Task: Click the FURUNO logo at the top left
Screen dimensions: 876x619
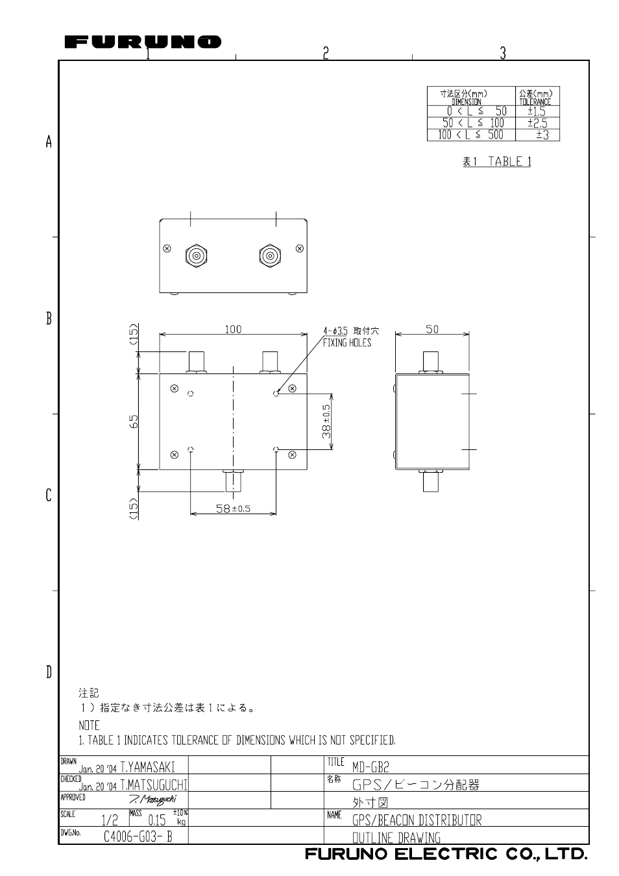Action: [x=143, y=43]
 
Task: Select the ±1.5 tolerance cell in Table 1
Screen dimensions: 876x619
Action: [x=537, y=112]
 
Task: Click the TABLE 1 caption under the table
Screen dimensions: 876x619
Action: [x=496, y=161]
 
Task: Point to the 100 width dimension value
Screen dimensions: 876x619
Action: [x=233, y=329]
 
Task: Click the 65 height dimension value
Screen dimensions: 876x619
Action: [x=134, y=421]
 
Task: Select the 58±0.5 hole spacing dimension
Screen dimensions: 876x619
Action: [x=233, y=509]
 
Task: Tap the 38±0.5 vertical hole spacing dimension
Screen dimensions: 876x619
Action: [x=326, y=421]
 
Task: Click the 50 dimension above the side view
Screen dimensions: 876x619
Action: [x=432, y=329]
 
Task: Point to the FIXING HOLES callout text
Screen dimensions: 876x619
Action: [x=347, y=343]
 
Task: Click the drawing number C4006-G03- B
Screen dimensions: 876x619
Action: [x=138, y=836]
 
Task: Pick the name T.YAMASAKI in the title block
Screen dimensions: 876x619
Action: [x=147, y=766]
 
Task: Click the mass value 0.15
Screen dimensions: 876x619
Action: [x=156, y=820]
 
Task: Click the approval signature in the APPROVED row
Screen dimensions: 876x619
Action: [x=152, y=798]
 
